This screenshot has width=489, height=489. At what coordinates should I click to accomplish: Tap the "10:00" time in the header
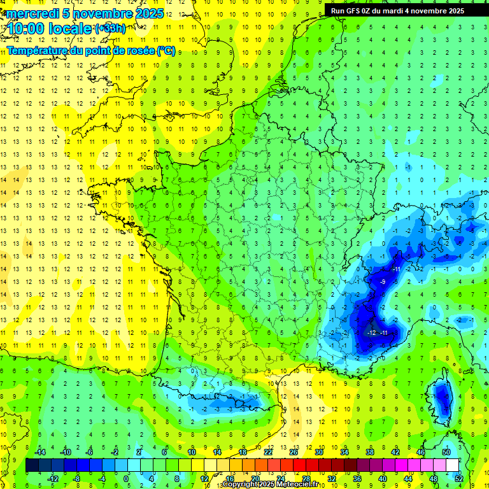click(x=27, y=28)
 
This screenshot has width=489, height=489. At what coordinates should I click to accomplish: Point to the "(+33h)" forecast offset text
click(x=110, y=28)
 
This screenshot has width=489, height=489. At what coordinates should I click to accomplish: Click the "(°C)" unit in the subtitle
click(x=166, y=50)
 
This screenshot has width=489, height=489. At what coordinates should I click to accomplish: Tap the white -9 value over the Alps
click(x=383, y=281)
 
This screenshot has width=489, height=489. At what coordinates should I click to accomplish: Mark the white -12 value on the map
click(x=372, y=333)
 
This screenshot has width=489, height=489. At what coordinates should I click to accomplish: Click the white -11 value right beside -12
click(x=384, y=333)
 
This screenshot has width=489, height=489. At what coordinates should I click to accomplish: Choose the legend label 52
click(x=459, y=478)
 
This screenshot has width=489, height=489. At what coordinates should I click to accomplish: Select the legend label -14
click(x=39, y=452)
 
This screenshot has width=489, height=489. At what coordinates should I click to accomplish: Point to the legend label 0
click(x=126, y=478)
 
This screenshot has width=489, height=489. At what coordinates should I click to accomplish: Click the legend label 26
click(x=294, y=452)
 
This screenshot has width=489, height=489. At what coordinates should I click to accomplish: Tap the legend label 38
click(x=369, y=452)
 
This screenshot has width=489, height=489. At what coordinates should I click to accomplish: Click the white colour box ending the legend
click(x=453, y=465)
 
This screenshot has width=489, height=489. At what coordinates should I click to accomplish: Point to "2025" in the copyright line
click(x=267, y=485)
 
